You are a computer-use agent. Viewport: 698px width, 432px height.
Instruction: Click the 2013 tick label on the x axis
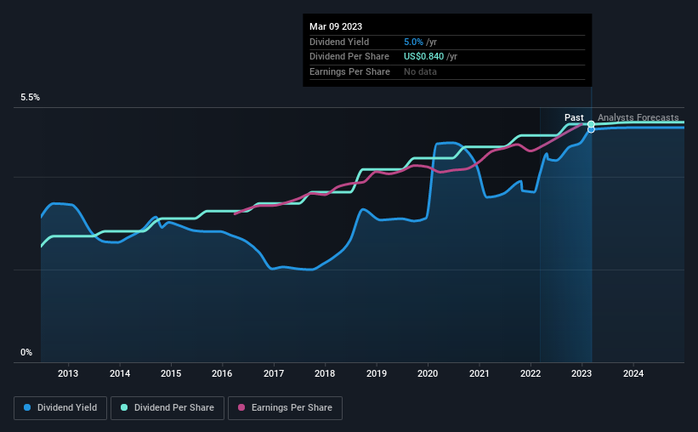[68, 373]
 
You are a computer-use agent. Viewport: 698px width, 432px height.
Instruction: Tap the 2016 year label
[222, 373]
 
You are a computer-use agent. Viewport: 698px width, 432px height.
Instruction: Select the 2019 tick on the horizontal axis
[377, 373]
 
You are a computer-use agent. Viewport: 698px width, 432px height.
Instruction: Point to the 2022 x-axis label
[531, 373]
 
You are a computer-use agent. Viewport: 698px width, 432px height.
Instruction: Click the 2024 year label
[633, 373]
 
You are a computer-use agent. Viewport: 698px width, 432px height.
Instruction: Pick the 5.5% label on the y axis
[31, 98]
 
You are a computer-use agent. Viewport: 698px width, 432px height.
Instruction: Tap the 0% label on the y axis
[26, 352]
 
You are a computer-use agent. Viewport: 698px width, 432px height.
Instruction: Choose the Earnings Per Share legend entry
[285, 408]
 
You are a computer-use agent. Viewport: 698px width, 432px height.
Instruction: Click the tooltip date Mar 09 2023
[336, 26]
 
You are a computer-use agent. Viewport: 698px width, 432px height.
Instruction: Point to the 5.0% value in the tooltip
[414, 42]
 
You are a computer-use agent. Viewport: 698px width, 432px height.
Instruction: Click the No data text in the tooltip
[420, 71]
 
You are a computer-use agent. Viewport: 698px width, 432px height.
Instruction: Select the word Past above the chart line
[574, 117]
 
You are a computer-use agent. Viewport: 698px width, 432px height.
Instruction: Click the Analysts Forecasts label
[638, 117]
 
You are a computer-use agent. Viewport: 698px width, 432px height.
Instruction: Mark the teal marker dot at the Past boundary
[591, 124]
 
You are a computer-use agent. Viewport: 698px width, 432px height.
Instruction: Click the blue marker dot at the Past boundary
[591, 129]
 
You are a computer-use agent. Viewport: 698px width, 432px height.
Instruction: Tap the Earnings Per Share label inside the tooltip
[350, 71]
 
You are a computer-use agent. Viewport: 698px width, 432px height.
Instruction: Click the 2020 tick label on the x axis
[428, 373]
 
